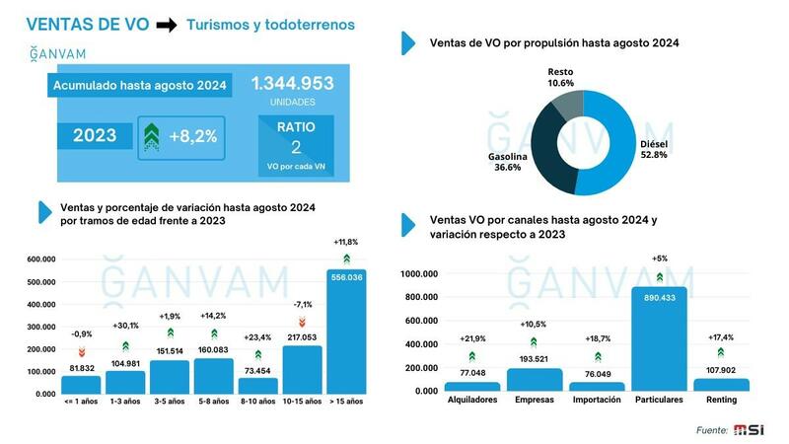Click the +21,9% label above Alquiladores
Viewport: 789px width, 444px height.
[x=471, y=338]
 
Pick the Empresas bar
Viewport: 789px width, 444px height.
[x=534, y=380]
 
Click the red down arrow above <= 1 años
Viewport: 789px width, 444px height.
[x=82, y=352]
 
